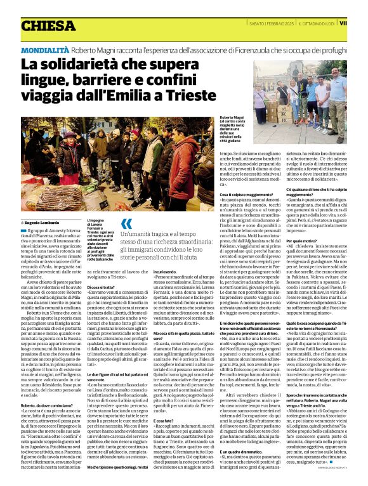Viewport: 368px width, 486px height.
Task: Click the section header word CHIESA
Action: pyautogui.click(x=48, y=25)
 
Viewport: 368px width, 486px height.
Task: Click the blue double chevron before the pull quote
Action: pyautogui.click(x=127, y=223)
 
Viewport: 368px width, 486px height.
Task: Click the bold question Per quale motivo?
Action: pyautogui.click(x=301, y=241)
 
